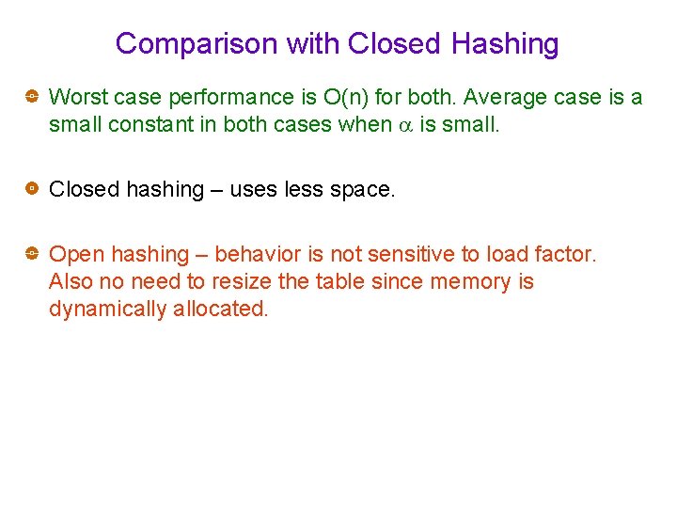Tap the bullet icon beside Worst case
coord(30,97)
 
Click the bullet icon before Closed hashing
coord(30,189)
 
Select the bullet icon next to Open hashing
coord(30,254)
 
